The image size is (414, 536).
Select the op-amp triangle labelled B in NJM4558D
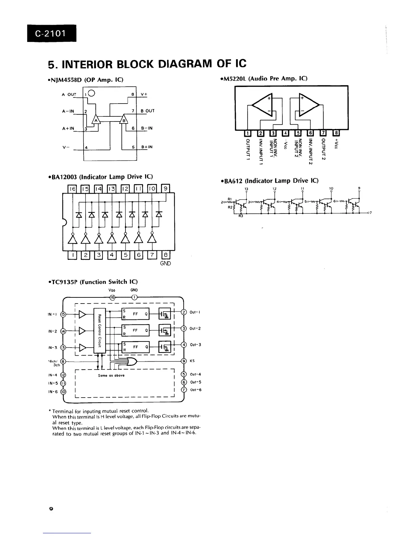(x=124, y=120)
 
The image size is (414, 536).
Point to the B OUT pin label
(x=147, y=111)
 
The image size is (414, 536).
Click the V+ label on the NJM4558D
(x=144, y=94)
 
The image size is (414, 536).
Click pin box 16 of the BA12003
(x=73, y=188)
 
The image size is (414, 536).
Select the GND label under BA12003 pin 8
(x=165, y=264)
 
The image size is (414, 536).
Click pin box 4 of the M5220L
(x=286, y=134)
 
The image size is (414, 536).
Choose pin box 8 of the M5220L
(x=336, y=134)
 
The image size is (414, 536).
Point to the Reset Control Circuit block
(x=100, y=331)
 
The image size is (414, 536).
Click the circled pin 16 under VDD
(x=113, y=297)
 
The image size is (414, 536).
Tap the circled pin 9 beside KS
(x=184, y=361)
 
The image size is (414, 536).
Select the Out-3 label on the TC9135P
(x=195, y=345)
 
